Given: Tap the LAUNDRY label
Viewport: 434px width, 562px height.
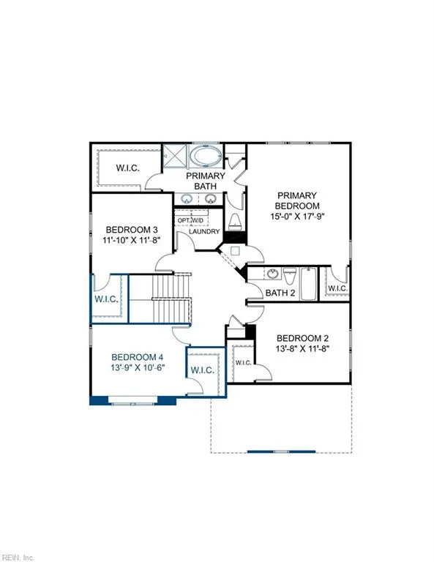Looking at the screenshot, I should click(x=204, y=232).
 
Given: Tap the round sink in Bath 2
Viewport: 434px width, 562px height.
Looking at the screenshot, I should click(x=272, y=274).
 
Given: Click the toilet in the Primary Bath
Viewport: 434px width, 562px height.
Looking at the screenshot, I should click(x=235, y=221).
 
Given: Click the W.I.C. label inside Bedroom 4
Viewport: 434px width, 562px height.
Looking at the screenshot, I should click(x=202, y=371).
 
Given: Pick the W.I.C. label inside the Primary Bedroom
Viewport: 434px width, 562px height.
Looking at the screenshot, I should click(x=337, y=288).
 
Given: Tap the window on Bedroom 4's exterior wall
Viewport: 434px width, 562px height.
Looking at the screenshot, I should click(x=132, y=400).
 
